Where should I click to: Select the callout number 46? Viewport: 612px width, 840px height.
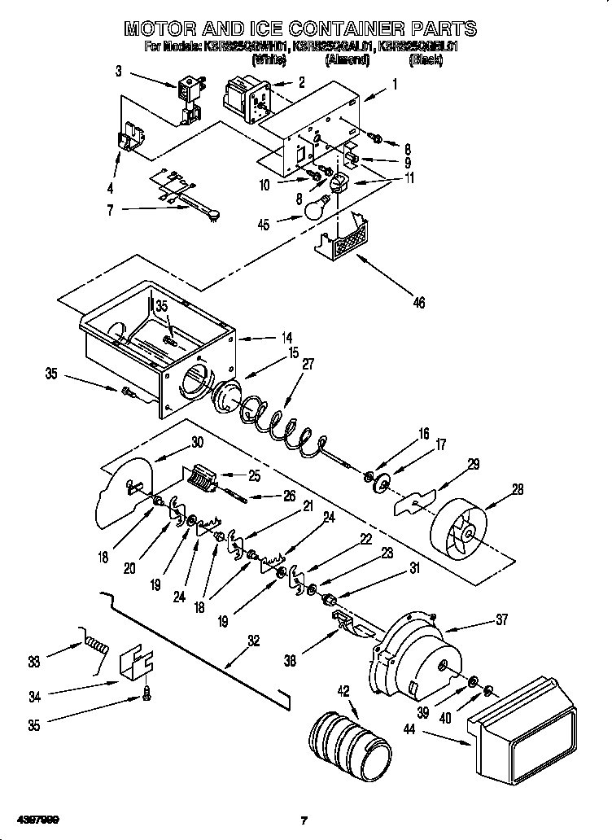click(x=418, y=303)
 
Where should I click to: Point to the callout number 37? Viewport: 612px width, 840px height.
click(x=501, y=619)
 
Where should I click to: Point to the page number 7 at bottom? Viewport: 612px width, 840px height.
click(x=304, y=820)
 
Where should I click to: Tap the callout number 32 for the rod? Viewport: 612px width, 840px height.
click(x=253, y=640)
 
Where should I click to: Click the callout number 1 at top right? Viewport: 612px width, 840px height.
click(x=395, y=84)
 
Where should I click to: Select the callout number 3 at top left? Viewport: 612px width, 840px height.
click(x=118, y=72)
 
